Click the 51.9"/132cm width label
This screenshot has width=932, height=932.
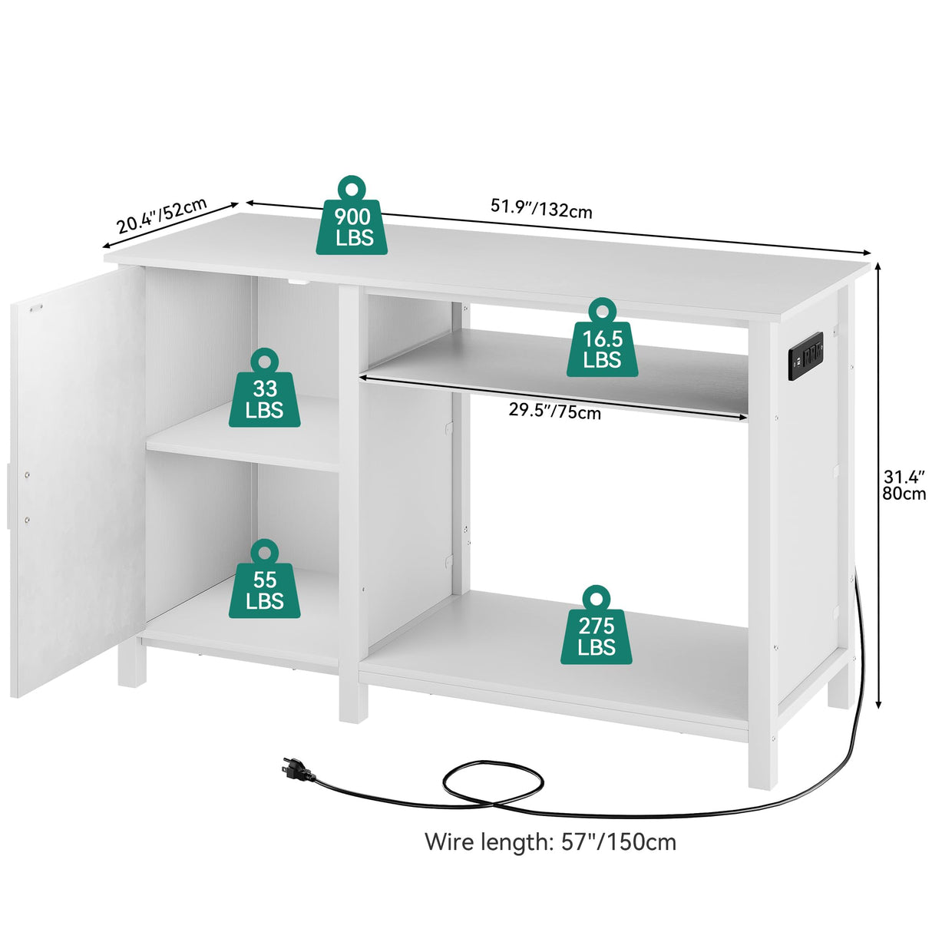click(x=541, y=208)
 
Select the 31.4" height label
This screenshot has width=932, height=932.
click(x=904, y=477)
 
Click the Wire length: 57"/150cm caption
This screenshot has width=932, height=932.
click(x=550, y=842)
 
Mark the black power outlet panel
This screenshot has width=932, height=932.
click(x=805, y=355)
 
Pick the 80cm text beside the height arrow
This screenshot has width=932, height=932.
click(x=904, y=494)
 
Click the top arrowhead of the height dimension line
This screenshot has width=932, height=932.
click(x=879, y=266)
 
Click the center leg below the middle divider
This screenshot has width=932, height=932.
click(x=353, y=699)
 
